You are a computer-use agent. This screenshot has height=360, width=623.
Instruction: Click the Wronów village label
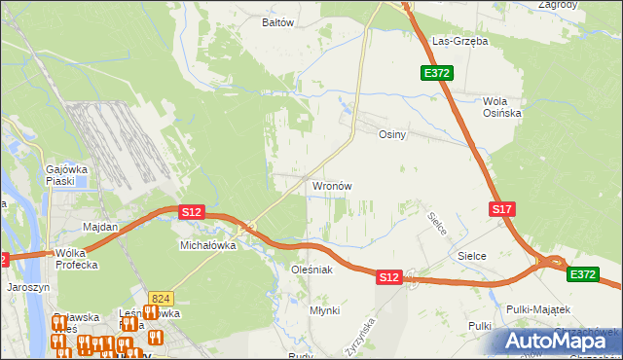331,185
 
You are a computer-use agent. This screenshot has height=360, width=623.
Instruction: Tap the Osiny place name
391,135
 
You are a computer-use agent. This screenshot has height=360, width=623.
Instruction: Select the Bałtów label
278,21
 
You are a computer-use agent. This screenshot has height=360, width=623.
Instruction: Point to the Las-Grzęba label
459,42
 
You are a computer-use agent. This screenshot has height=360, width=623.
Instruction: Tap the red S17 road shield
501,209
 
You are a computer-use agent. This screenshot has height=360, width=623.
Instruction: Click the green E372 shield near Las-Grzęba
436,73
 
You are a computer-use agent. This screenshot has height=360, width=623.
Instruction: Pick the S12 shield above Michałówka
191,211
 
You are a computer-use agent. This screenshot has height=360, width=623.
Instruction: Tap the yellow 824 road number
162,298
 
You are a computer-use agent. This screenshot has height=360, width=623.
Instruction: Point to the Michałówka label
208,246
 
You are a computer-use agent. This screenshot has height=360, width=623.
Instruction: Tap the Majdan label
100,227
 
